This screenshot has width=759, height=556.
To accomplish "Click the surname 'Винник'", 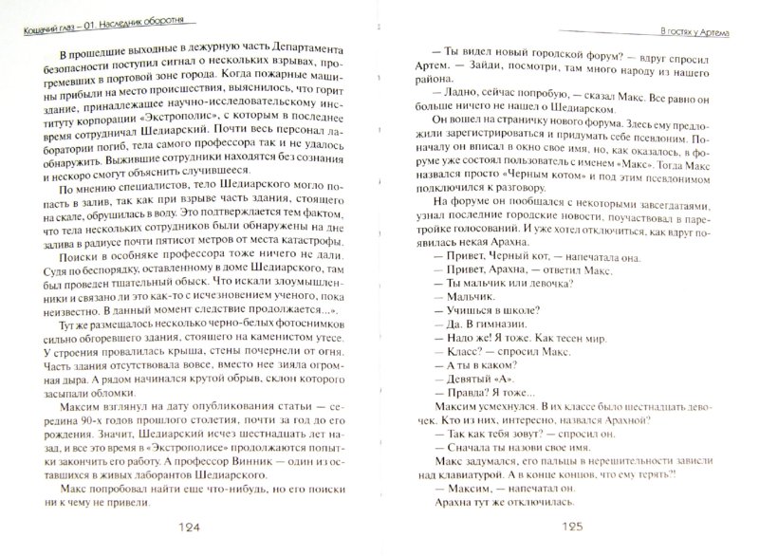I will coord(244,461).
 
